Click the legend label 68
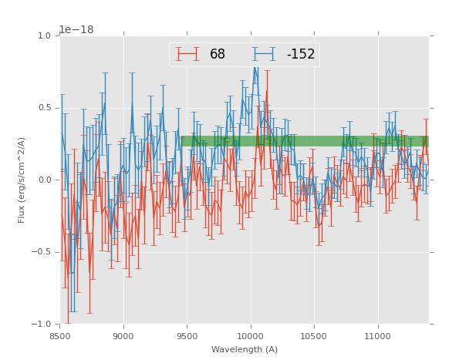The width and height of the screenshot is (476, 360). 217,55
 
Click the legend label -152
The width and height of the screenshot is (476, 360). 301,55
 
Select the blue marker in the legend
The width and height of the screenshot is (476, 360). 264,54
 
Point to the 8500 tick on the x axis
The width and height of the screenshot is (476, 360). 60,336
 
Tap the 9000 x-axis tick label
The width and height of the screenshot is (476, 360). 123,336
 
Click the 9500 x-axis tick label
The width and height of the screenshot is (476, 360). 187,336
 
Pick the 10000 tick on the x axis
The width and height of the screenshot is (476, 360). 251,336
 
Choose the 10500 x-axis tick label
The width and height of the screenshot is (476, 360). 315,336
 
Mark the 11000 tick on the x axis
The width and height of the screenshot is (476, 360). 378,336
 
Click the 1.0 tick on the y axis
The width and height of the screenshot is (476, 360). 44,36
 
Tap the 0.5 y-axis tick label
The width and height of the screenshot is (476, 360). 44,108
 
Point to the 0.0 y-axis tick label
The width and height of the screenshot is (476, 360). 44,180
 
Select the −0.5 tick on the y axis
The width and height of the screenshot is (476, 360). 42,252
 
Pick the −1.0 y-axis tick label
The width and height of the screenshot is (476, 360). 42,325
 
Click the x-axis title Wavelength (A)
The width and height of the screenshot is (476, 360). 245,350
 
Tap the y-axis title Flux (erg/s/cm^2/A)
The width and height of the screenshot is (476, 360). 22,180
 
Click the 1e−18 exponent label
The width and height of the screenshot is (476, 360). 76,30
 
